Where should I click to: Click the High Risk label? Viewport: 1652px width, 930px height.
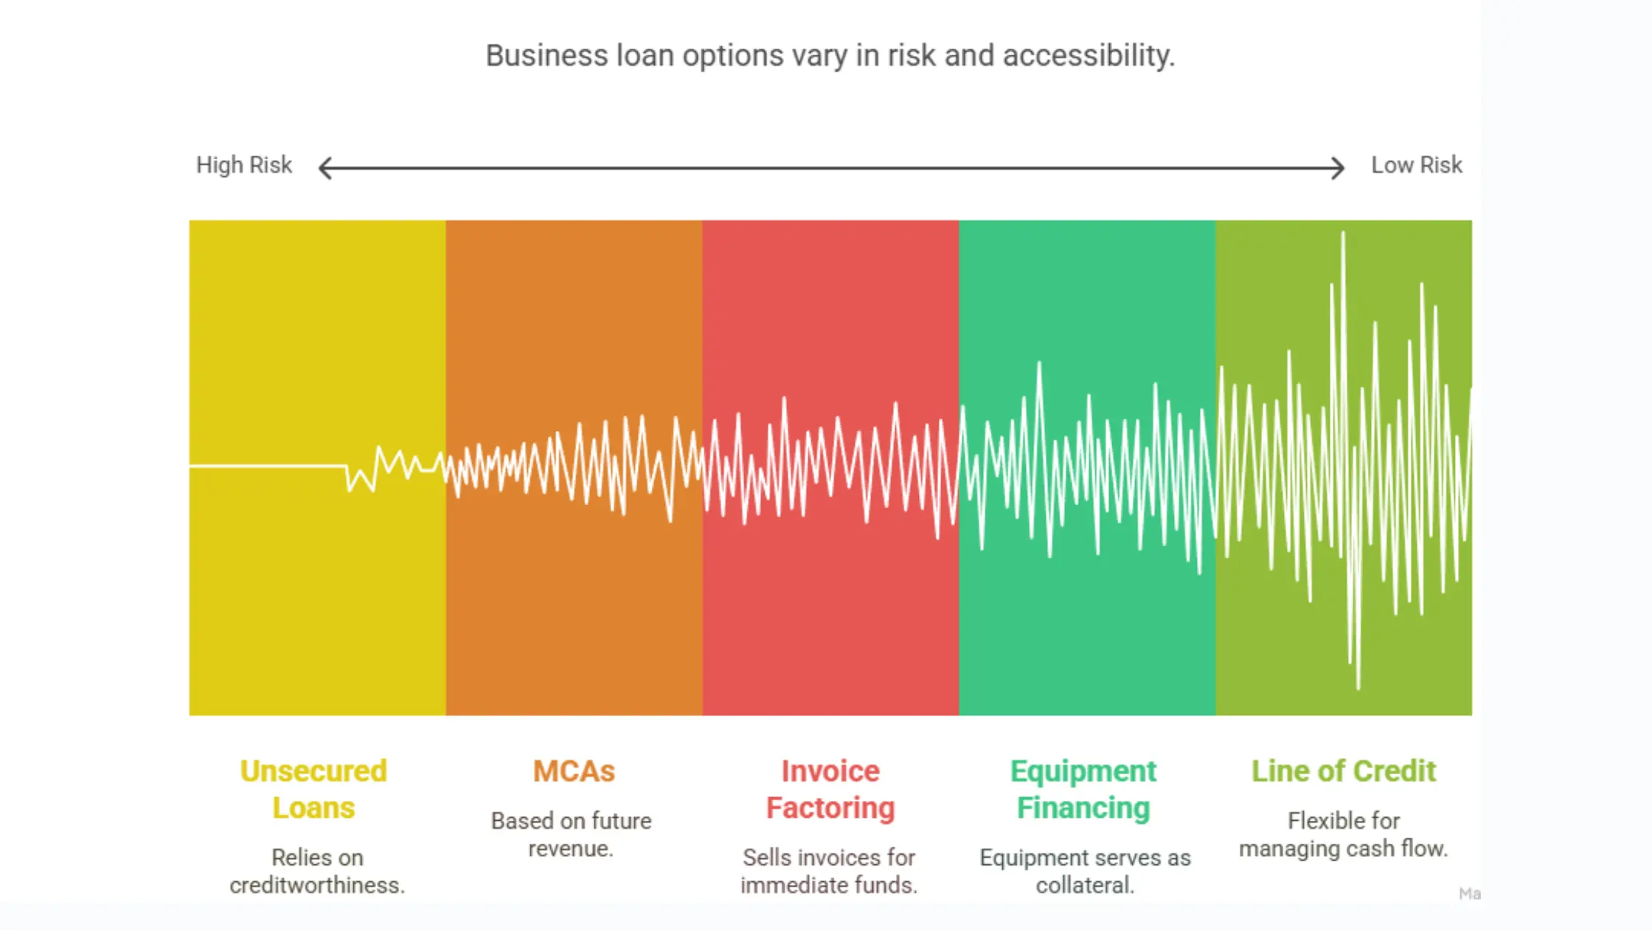tap(243, 165)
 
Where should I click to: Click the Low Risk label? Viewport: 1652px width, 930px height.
tap(1416, 165)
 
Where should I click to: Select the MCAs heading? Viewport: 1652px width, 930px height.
tap(574, 771)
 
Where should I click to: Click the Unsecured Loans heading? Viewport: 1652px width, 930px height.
tap(313, 789)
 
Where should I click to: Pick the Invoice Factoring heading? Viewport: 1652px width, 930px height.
tap(830, 789)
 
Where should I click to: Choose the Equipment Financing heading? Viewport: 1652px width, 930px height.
tap(1083, 789)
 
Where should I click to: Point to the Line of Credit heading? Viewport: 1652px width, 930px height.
tap(1343, 771)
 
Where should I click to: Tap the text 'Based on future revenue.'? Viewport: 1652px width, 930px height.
tap(571, 835)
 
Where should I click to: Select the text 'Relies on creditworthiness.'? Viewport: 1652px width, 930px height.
tap(317, 871)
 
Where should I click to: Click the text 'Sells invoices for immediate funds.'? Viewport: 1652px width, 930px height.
tap(829, 871)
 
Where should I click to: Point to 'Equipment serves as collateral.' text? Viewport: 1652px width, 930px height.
tap(1085, 871)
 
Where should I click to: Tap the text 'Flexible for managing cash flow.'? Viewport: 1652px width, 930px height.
tap(1343, 835)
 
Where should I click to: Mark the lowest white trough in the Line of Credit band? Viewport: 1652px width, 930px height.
tap(1358, 685)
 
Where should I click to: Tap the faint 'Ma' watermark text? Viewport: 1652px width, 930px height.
tap(1469, 894)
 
